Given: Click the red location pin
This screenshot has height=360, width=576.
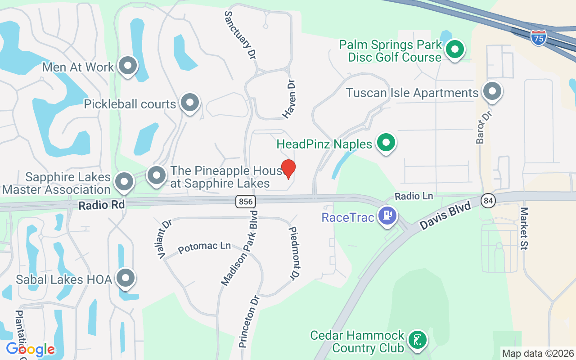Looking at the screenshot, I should pyautogui.click(x=288, y=169).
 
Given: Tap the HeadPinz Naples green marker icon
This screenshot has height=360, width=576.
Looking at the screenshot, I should pyautogui.click(x=386, y=143).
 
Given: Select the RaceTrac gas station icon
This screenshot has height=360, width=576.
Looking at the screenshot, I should pyautogui.click(x=387, y=216).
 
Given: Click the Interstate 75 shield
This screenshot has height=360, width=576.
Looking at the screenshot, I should pyautogui.click(x=538, y=38).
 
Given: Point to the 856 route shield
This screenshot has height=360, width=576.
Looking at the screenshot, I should pyautogui.click(x=245, y=201).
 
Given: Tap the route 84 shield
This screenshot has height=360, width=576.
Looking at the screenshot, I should pyautogui.click(x=488, y=200).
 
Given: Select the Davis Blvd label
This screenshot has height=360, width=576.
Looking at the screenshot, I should pyautogui.click(x=445, y=216).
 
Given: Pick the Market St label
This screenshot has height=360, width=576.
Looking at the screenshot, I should pyautogui.click(x=525, y=228).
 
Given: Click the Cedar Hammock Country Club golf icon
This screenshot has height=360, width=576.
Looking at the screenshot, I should pyautogui.click(x=418, y=340).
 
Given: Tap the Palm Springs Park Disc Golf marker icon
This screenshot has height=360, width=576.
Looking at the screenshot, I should pyautogui.click(x=455, y=49).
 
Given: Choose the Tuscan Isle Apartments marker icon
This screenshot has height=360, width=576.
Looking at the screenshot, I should pyautogui.click(x=492, y=92).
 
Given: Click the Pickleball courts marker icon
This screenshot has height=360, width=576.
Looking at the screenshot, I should pyautogui.click(x=190, y=103).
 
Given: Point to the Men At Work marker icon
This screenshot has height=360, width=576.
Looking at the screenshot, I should pyautogui.click(x=128, y=66).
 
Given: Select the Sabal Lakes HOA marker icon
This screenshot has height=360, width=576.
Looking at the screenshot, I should pyautogui.click(x=126, y=278).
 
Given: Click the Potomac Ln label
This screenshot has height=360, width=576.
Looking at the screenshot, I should pyautogui.click(x=204, y=247).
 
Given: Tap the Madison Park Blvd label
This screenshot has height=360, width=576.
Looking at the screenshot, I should pyautogui.click(x=239, y=247).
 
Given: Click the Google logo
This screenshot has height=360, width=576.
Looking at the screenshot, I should pyautogui.click(x=30, y=349).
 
